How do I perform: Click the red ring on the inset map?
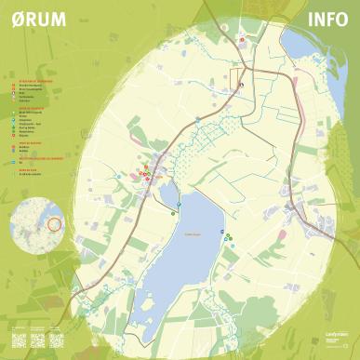(54, 223)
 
